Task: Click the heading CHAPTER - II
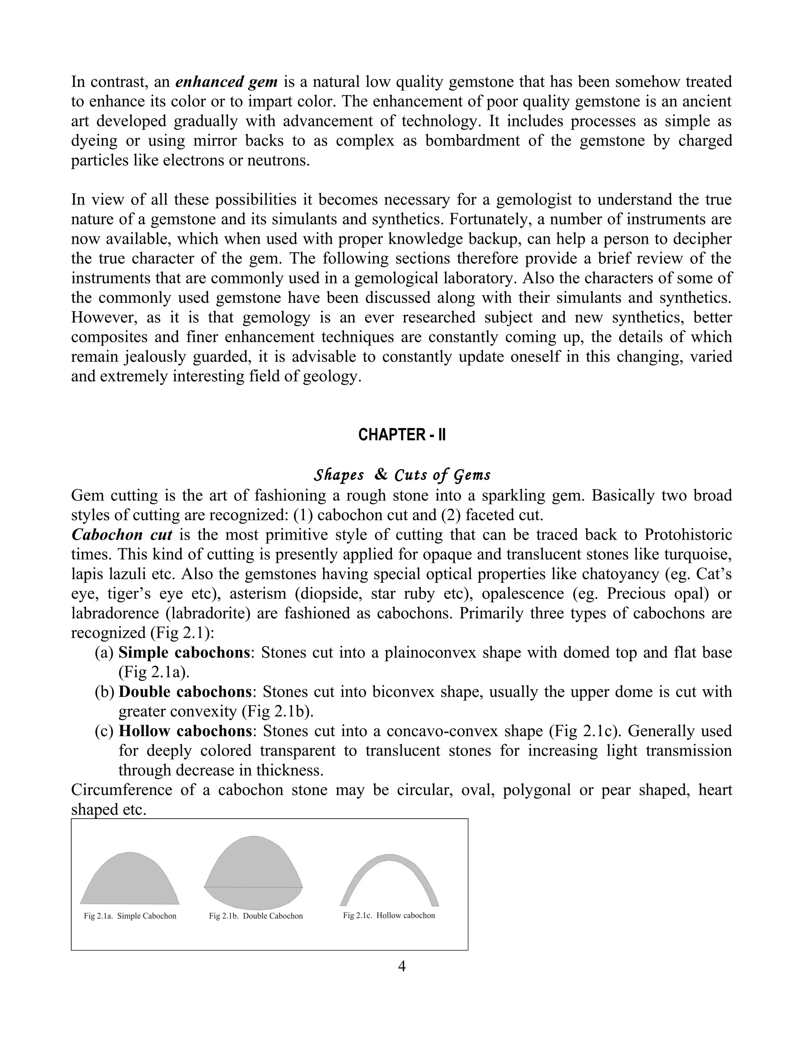(x=402, y=435)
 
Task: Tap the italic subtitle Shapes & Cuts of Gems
(x=402, y=475)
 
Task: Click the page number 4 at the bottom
(x=402, y=966)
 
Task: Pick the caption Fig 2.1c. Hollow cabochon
(x=389, y=915)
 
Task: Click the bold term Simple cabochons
(x=184, y=652)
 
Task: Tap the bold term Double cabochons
(x=185, y=692)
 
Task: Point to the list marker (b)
(x=104, y=692)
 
